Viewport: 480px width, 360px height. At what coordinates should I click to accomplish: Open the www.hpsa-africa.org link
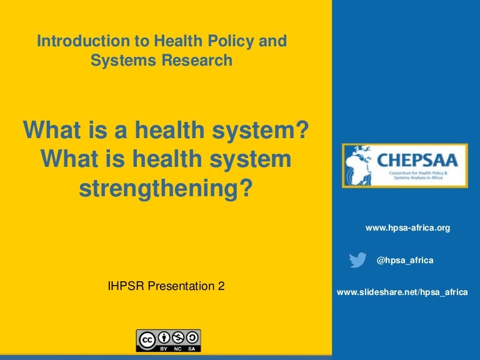(x=407, y=228)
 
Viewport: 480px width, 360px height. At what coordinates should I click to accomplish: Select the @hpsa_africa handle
(x=405, y=261)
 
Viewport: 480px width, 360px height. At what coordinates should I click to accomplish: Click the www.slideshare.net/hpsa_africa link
(x=402, y=292)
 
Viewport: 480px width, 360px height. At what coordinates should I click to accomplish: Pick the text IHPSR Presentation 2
(x=166, y=286)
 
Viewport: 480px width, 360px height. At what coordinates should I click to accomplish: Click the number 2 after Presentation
(x=221, y=286)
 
